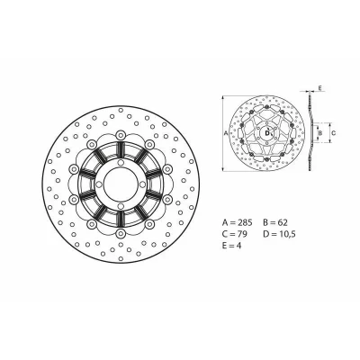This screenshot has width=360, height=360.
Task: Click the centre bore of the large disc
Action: tap(121, 184)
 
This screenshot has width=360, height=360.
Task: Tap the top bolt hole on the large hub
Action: tap(121, 162)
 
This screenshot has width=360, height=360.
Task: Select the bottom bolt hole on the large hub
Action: tap(121, 205)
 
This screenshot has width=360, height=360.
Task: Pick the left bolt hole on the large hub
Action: tap(99, 184)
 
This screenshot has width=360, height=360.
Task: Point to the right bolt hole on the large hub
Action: tap(142, 184)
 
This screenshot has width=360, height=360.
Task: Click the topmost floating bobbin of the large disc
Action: tap(121, 134)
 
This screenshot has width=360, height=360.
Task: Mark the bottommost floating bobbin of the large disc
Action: tap(121, 234)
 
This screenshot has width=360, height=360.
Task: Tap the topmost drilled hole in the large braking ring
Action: tap(121, 110)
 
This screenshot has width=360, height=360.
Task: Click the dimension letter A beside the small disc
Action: tap(226, 133)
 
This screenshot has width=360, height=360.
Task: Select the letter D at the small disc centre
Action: tap(266, 133)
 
